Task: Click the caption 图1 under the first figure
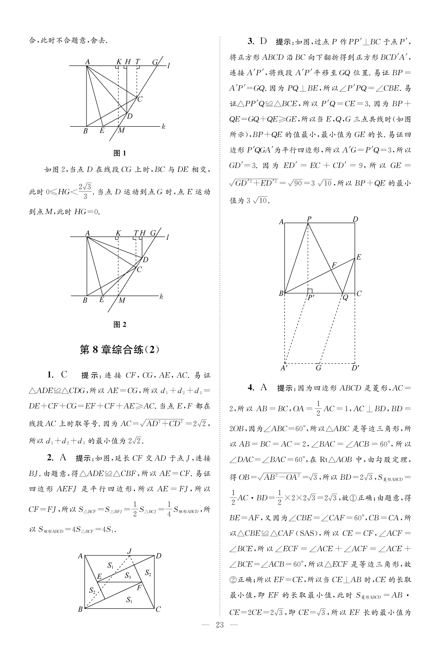click(x=120, y=153)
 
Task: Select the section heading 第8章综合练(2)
click(x=120, y=350)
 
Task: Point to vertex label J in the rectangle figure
click(x=129, y=551)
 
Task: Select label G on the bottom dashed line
click(x=318, y=368)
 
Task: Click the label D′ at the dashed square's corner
click(x=355, y=368)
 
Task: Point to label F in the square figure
click(x=334, y=265)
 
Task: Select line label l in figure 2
click(x=168, y=238)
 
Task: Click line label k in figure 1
click(x=163, y=127)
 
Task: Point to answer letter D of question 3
click(x=263, y=42)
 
